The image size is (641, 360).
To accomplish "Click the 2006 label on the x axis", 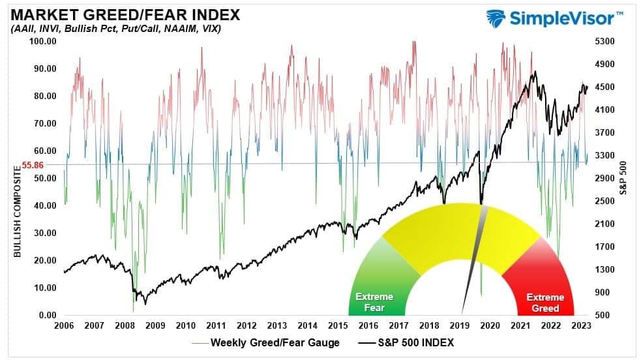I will coord(64,325).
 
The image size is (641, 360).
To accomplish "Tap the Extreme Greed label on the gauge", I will coord(546,302).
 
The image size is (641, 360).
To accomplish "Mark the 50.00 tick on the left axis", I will coord(45,178).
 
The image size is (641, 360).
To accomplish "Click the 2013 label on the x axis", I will coord(277,325).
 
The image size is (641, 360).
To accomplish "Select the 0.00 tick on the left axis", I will coord(48,315).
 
